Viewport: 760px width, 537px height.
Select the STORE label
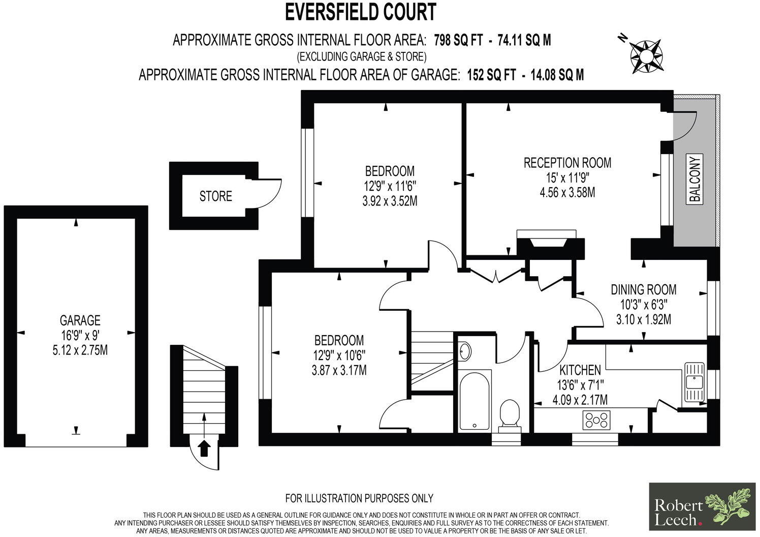click(215, 196)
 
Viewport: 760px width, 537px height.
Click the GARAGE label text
click(80, 320)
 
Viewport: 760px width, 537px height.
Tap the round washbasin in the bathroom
click(465, 350)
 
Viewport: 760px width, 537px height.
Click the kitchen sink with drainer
click(693, 381)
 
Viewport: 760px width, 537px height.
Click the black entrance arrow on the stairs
click(204, 449)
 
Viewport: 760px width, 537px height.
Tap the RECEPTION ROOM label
click(567, 163)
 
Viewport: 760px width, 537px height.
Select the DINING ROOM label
click(643, 290)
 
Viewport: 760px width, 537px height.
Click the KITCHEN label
click(580, 370)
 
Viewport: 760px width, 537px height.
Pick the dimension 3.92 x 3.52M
click(390, 201)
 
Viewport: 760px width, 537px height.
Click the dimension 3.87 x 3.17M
click(339, 370)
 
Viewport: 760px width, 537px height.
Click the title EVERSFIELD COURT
click(360, 12)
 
